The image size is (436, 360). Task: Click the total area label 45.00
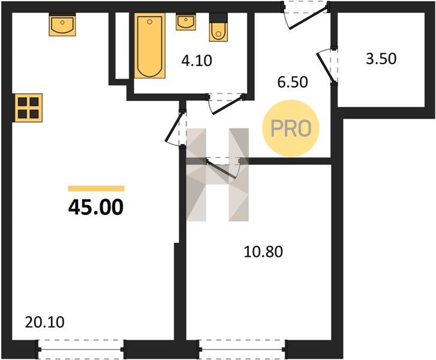pyautogui.click(x=95, y=208)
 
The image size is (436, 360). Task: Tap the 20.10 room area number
pyautogui.click(x=45, y=322)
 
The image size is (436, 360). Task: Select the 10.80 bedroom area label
pyautogui.click(x=263, y=252)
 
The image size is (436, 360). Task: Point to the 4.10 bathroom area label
pyautogui.click(x=197, y=61)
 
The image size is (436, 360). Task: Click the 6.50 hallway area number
pyautogui.click(x=293, y=82)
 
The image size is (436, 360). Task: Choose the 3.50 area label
pyautogui.click(x=381, y=59)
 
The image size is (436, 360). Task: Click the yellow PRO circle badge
pyautogui.click(x=291, y=128)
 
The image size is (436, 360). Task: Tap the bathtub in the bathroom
pyautogui.click(x=149, y=46)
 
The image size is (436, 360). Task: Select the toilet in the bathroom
pyautogui.click(x=218, y=28)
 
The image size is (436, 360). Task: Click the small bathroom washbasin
pyautogui.click(x=186, y=22)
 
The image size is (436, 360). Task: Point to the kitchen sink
pyautogui.click(x=62, y=25)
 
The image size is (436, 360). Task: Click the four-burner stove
pyautogui.click(x=28, y=108)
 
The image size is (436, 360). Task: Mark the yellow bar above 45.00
pyautogui.click(x=96, y=188)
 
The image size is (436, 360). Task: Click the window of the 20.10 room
pyautogui.click(x=80, y=349)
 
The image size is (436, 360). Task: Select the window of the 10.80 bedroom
pyautogui.click(x=241, y=349)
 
